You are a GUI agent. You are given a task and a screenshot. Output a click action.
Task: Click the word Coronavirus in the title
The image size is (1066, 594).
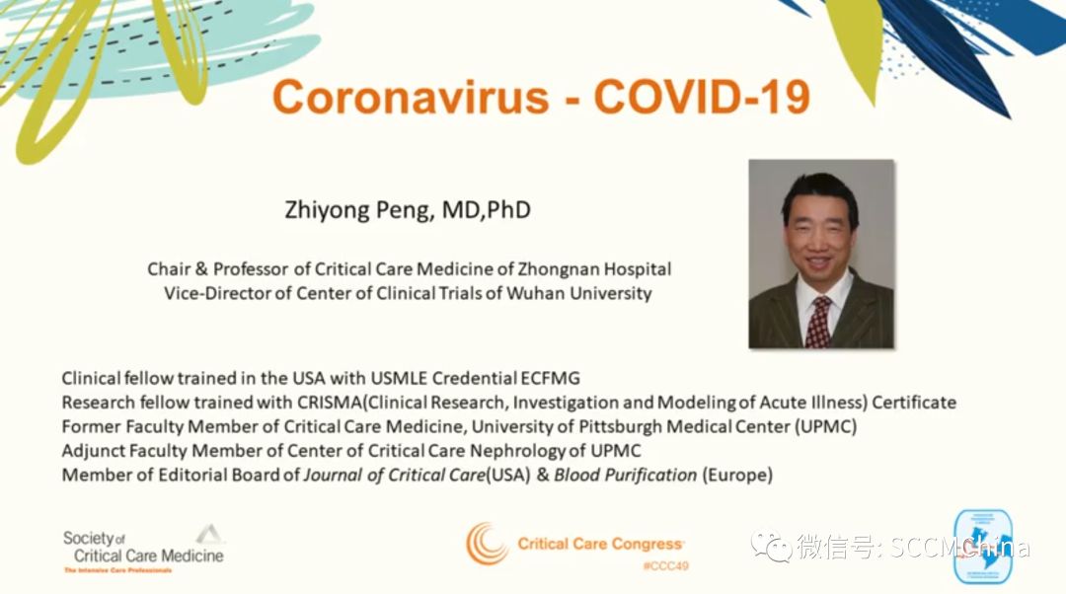(x=410, y=96)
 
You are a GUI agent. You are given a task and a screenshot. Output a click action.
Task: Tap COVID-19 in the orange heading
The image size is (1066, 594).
(x=702, y=96)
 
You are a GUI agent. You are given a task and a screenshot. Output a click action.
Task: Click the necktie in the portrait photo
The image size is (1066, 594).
(x=818, y=322)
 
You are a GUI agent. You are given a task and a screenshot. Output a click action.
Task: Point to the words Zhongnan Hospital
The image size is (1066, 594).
(x=594, y=269)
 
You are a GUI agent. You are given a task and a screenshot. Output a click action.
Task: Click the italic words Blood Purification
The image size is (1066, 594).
(x=626, y=475)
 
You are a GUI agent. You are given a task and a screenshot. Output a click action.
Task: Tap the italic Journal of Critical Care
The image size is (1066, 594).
(x=394, y=475)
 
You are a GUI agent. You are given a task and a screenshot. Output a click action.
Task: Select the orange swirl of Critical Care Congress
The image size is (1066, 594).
(x=486, y=544)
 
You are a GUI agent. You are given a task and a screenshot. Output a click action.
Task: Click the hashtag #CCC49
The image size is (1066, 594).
(x=665, y=566)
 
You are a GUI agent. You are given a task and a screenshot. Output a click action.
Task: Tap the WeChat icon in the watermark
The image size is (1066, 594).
(x=770, y=546)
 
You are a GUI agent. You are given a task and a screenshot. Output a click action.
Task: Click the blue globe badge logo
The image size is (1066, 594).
(x=982, y=547)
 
